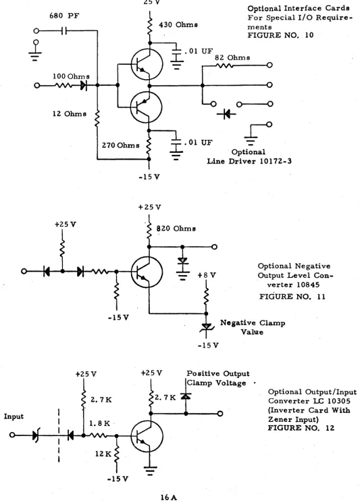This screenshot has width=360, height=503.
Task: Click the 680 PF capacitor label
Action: tap(64, 16)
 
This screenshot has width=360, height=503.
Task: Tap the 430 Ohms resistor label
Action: tap(178, 25)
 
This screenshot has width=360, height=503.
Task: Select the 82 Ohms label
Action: tap(232, 57)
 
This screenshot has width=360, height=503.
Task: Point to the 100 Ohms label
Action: tap(71, 76)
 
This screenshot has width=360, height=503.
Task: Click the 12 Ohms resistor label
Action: tap(70, 114)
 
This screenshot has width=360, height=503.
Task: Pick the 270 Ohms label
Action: tap(121, 145)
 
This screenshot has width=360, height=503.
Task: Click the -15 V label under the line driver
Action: tap(149, 176)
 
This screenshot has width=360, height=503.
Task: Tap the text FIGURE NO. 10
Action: tap(280, 35)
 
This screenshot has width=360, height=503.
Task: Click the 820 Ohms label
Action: tap(176, 229)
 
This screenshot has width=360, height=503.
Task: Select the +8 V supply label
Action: tap(207, 275)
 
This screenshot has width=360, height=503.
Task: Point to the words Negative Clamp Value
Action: tap(253, 327)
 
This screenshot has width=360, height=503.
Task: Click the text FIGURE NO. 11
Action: tap(292, 297)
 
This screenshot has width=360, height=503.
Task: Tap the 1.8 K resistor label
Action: tap(99, 423)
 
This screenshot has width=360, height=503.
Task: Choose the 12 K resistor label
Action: tap(103, 454)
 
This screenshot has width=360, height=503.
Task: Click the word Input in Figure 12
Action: tap(14, 416)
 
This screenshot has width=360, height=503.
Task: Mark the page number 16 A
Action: tap(169, 498)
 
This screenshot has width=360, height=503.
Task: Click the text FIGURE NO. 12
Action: tap(301, 428)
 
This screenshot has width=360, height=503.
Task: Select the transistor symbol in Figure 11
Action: tap(147, 272)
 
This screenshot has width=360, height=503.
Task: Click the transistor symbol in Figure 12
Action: tap(147, 436)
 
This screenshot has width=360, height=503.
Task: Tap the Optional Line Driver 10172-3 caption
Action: tap(249, 157)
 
